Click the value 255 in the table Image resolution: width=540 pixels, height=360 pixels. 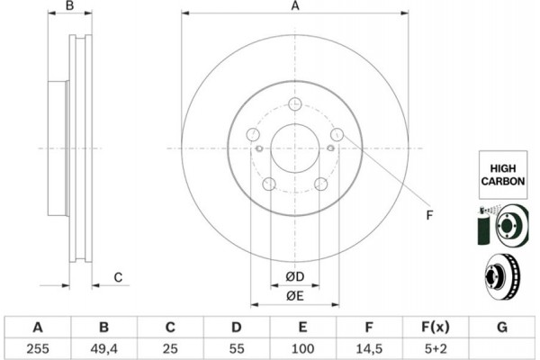coord(38,348)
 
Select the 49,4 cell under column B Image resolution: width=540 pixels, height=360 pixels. coord(104,348)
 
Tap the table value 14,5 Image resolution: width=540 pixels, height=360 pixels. coord(368,348)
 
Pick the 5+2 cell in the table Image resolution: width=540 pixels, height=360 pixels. coord(436,348)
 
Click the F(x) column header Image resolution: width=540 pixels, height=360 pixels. coord(436,327)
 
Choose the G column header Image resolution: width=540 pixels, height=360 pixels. coord(502,327)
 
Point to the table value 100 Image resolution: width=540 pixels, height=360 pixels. coord(302,348)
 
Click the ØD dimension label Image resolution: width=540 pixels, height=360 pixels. coord(295,276)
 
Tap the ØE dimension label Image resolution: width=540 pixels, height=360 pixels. coord(295,295)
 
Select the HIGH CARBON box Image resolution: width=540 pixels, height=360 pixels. coord(503,175)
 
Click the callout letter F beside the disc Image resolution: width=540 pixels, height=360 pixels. coord(429,215)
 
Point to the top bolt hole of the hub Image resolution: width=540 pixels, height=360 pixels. coord(295,103)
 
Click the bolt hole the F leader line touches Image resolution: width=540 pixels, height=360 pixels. coord(337,134)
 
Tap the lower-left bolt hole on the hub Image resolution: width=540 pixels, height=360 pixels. coord(269,184)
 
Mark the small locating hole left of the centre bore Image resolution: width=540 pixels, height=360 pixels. coord(260,148)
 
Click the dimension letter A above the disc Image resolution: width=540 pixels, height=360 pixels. coord(295,6)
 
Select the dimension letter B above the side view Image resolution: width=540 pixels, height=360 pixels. coord(69,5)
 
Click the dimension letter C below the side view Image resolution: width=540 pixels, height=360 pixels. coord(118,277)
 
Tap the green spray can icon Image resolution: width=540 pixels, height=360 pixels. coord(483,226)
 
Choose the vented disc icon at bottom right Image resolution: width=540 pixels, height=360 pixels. coord(502,276)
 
